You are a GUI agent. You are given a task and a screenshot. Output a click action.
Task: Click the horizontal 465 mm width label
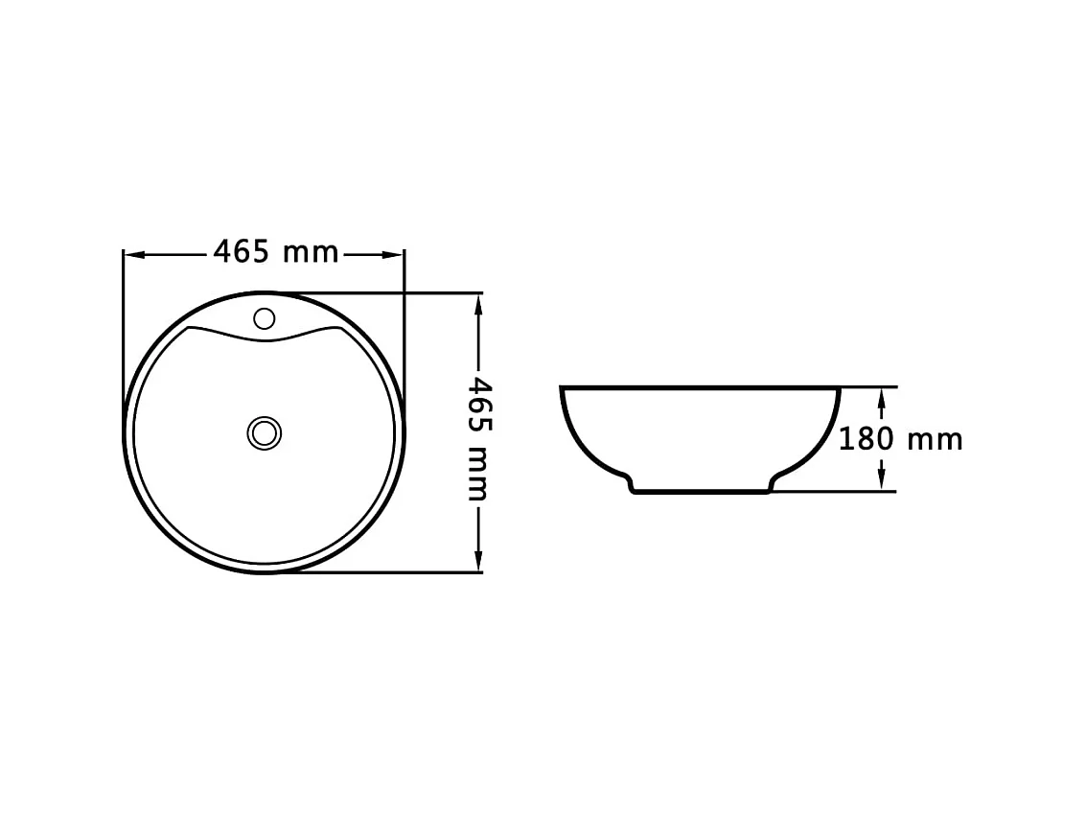pyautogui.click(x=275, y=252)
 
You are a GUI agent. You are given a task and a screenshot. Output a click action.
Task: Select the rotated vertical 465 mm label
pyautogui.click(x=478, y=439)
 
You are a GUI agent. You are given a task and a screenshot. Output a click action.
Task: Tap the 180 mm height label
pyautogui.click(x=900, y=439)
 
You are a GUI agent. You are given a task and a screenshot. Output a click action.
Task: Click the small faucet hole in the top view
pyautogui.click(x=264, y=318)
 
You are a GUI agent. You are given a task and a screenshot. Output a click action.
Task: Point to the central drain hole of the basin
pyautogui.click(x=264, y=432)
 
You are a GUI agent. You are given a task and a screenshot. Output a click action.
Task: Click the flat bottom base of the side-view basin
pyautogui.click(x=701, y=494)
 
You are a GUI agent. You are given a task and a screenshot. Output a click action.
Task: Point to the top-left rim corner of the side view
pyautogui.click(x=564, y=389)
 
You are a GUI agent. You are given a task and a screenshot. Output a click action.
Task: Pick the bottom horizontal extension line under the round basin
pyautogui.click(x=383, y=572)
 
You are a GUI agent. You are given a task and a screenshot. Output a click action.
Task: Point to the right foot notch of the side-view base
pyautogui.click(x=772, y=484)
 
